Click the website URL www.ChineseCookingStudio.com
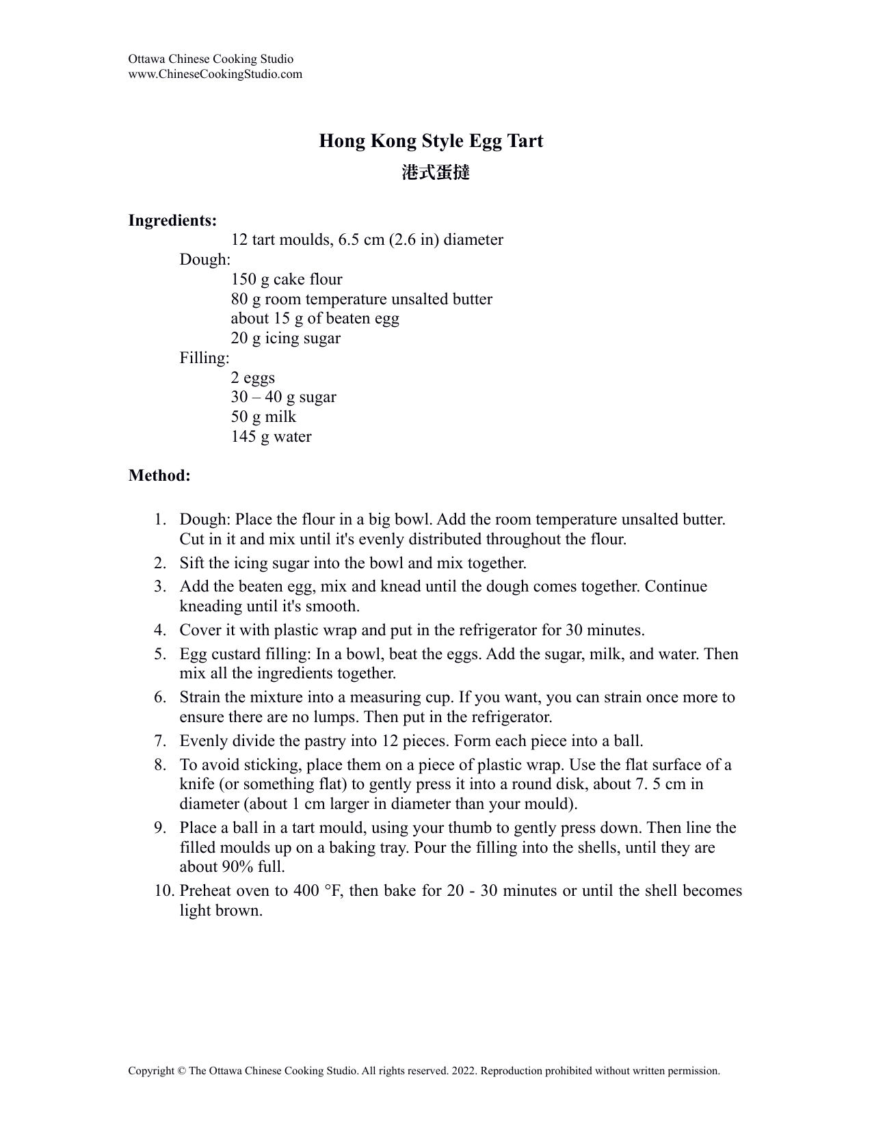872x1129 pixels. click(x=215, y=74)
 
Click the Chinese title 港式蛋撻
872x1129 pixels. click(x=436, y=172)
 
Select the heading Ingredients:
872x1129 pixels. click(x=172, y=220)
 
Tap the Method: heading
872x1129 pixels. click(x=159, y=475)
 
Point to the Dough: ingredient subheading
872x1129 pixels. click(x=205, y=260)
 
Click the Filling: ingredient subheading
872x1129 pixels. click(x=204, y=358)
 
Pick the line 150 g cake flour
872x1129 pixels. click(x=287, y=279)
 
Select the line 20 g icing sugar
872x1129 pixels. click(x=285, y=338)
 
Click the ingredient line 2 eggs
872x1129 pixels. click(x=253, y=377)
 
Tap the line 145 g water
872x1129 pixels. click(x=271, y=436)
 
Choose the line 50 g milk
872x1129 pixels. click(x=263, y=416)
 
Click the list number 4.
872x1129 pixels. click(x=160, y=630)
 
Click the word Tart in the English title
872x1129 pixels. click(x=525, y=141)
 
